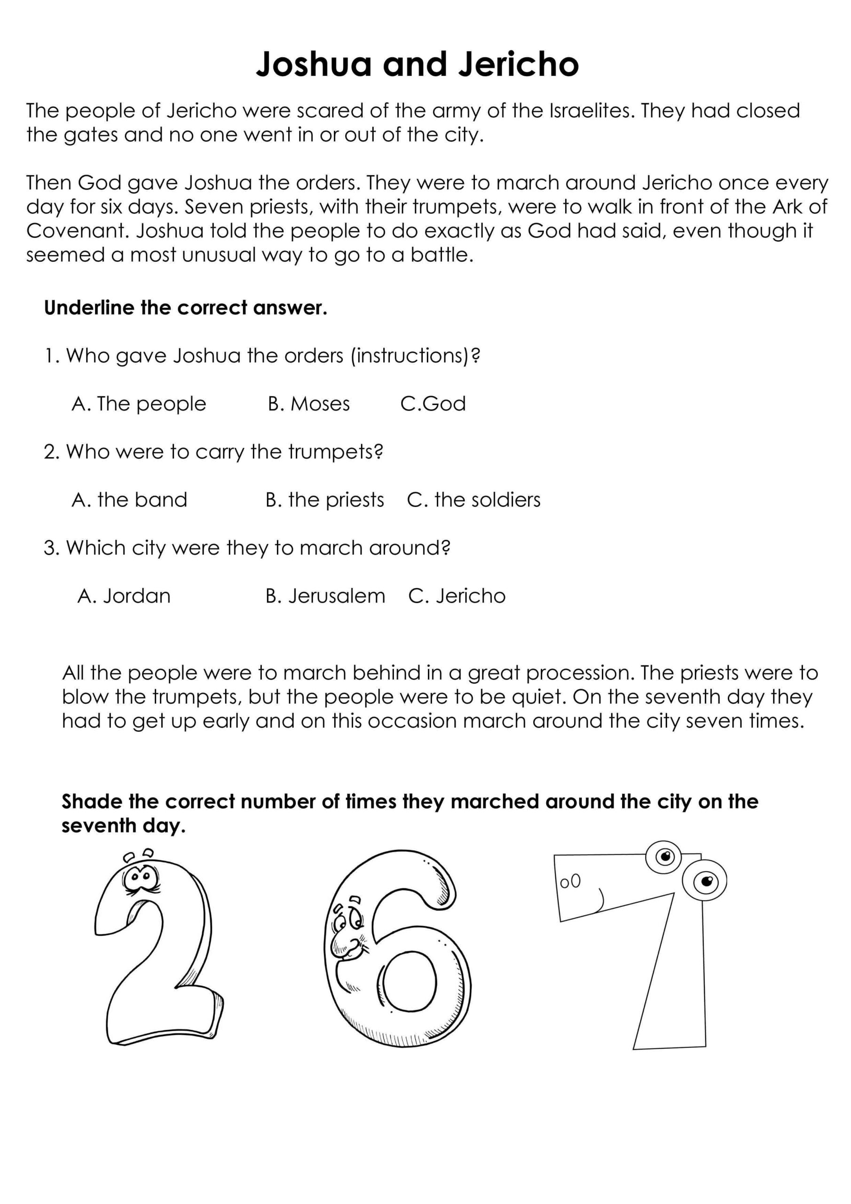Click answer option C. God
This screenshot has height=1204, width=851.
click(x=433, y=404)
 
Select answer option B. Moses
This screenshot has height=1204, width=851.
click(x=308, y=404)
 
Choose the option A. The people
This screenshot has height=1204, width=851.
click(x=139, y=404)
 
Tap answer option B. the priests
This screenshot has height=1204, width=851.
click(x=324, y=500)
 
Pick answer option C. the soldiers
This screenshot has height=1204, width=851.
click(x=473, y=500)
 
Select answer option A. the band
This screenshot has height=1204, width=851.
click(x=129, y=500)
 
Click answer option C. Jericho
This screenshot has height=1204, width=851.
click(x=456, y=596)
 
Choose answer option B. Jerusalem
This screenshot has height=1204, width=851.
click(x=325, y=596)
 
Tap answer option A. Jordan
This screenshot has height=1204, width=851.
click(x=124, y=596)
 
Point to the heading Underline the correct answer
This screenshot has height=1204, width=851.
click(x=186, y=308)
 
